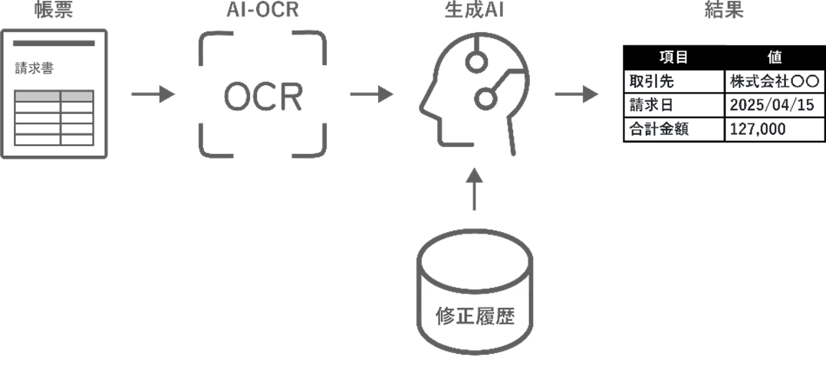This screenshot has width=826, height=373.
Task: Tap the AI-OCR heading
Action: pos(262,11)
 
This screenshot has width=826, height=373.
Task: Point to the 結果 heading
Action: pos(723,11)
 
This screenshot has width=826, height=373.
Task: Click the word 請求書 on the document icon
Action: pos(34,68)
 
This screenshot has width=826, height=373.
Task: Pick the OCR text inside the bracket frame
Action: pos(263,97)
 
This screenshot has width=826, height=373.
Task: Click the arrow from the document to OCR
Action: pos(153,96)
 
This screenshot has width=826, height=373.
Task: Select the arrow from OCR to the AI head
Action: pos(372,96)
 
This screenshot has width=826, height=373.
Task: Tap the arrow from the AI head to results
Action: pos(576,96)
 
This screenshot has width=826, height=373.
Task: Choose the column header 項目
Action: pos(673,57)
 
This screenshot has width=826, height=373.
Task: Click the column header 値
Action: pos(775,57)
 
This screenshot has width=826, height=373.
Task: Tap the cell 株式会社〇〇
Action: pos(775,81)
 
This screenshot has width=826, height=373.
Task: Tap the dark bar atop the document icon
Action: pos(54,43)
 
